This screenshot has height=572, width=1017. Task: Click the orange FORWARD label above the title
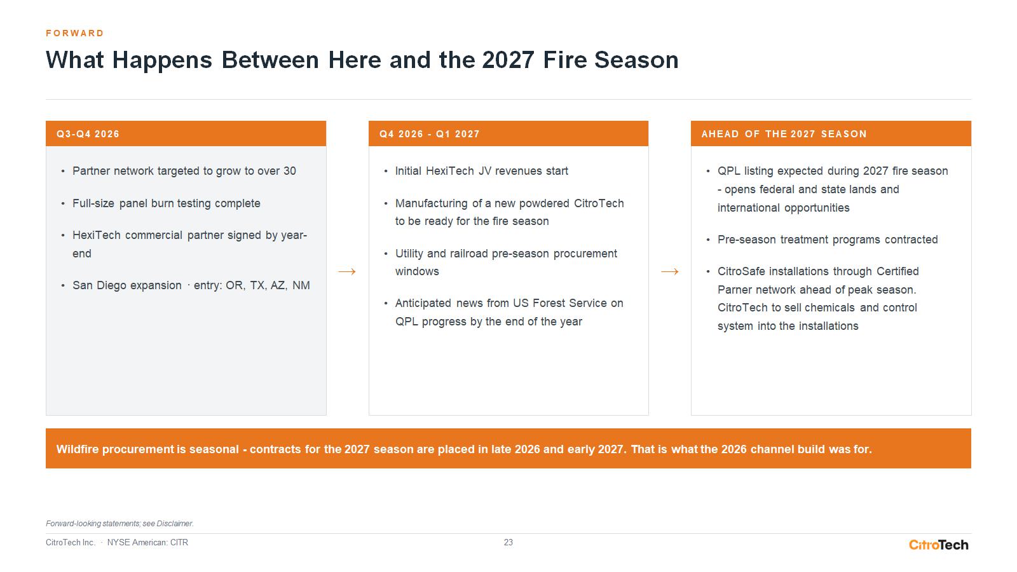[x=75, y=33]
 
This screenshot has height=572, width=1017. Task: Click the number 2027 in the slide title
[x=508, y=60]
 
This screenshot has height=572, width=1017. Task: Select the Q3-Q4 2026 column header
[x=186, y=133]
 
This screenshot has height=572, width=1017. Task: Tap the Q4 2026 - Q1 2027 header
[x=508, y=133]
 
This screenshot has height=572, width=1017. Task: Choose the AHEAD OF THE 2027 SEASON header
[x=831, y=133]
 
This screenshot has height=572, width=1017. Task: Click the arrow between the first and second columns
[x=347, y=271]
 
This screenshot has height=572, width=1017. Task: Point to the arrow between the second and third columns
[x=670, y=271]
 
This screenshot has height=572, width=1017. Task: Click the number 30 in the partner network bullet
[x=290, y=171]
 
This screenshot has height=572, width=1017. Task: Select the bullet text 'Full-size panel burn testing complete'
[x=166, y=203]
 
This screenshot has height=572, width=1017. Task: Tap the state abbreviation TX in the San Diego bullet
[x=257, y=285]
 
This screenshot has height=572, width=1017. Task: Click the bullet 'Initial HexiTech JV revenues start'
[x=481, y=171]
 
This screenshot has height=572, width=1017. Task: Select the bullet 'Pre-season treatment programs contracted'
[x=827, y=240]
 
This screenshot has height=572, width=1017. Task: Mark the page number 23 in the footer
[x=508, y=543]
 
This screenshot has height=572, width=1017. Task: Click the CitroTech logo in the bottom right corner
[x=938, y=544]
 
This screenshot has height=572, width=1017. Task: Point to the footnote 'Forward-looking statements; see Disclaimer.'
[x=120, y=524]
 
